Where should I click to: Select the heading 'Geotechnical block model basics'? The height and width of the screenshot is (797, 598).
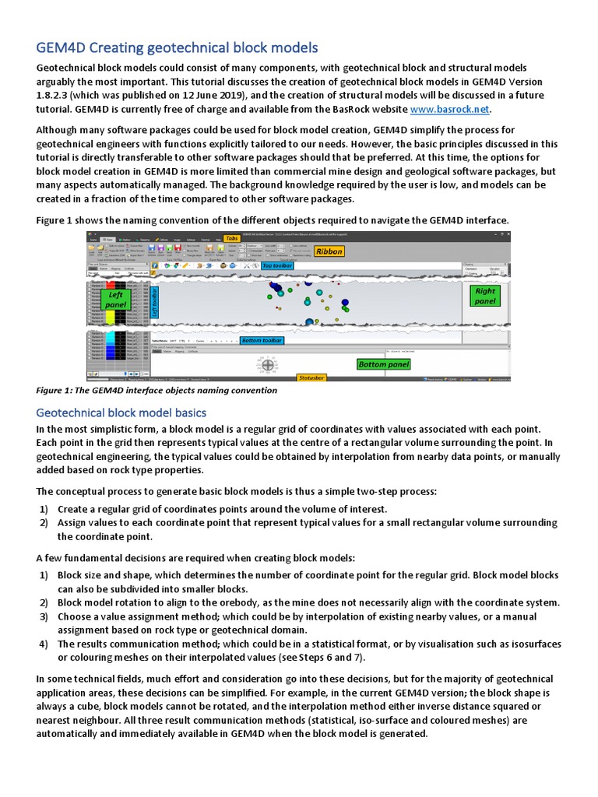coord(121,412)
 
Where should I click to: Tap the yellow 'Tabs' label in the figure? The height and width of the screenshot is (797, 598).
coord(231,238)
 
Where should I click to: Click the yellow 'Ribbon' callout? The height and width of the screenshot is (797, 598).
coord(329,251)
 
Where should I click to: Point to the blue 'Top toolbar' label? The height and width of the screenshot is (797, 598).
coord(278,266)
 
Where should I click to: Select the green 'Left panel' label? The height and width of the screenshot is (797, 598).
coord(116,300)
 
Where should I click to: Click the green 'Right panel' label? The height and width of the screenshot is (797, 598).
coord(484,296)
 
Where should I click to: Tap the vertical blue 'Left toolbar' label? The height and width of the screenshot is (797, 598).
coord(154,302)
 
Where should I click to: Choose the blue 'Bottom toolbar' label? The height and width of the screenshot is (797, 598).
coord(262,341)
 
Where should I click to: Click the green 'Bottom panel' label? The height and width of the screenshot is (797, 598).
coord(383,364)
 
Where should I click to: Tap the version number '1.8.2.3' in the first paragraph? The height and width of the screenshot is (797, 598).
coord(55,96)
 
